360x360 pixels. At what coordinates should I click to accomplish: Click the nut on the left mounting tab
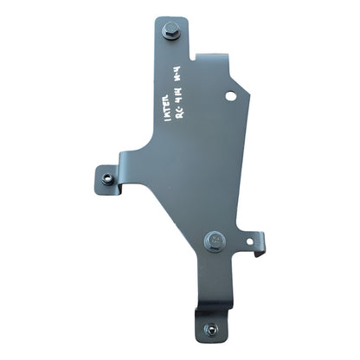click(104, 178)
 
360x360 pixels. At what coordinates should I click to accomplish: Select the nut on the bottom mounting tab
click(212, 329)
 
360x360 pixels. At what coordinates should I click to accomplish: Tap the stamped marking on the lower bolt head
click(215, 236)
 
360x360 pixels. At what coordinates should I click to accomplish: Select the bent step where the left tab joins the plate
click(121, 173)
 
